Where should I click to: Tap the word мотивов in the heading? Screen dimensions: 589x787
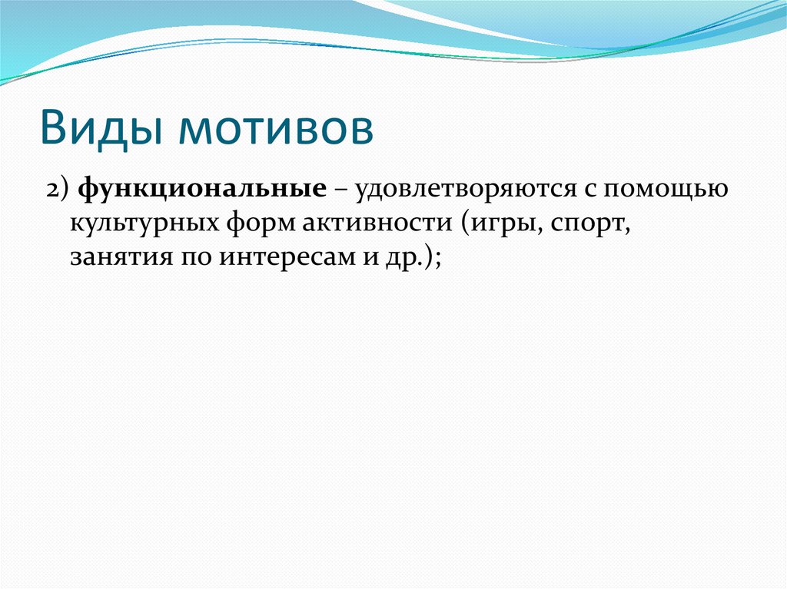(277, 127)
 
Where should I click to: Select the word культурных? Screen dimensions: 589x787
(145, 223)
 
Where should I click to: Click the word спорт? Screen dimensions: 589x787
(589, 225)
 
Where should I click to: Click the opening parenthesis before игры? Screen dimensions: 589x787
(467, 224)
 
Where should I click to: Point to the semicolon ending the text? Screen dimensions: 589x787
(435, 259)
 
